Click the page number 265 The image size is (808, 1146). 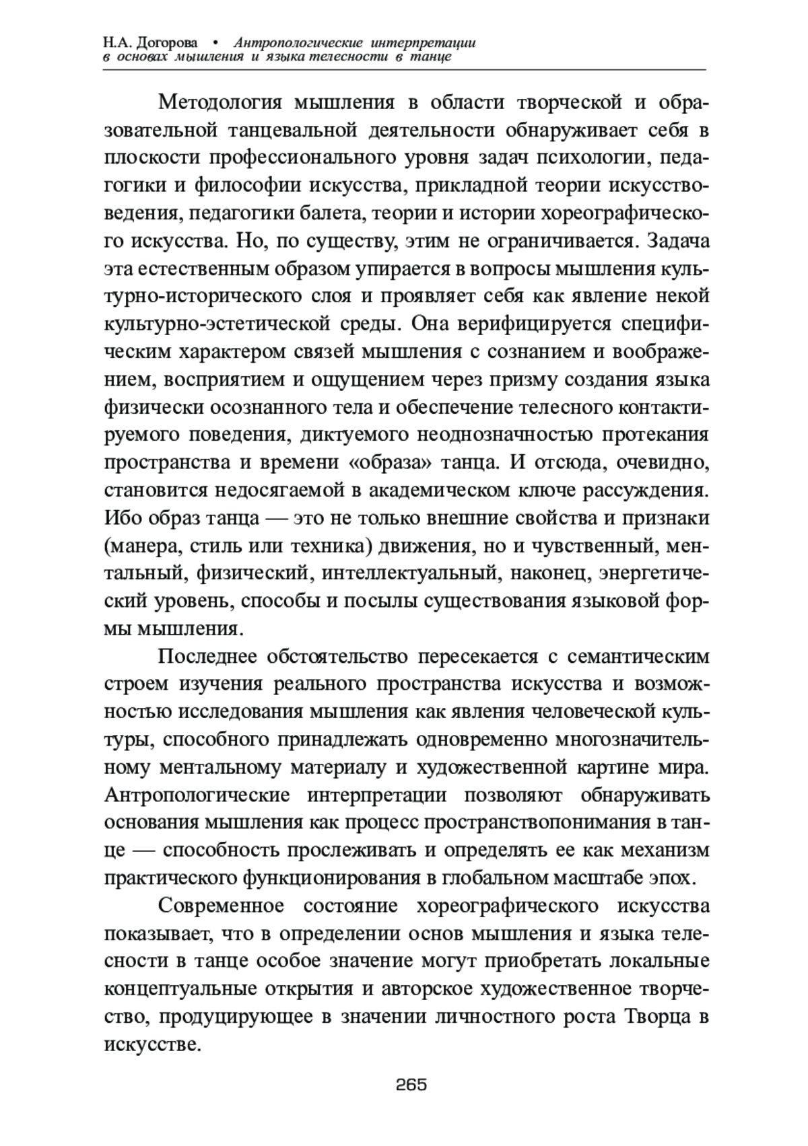[x=412, y=1084]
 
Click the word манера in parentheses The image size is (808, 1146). [x=140, y=546]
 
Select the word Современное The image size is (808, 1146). [x=222, y=906]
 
